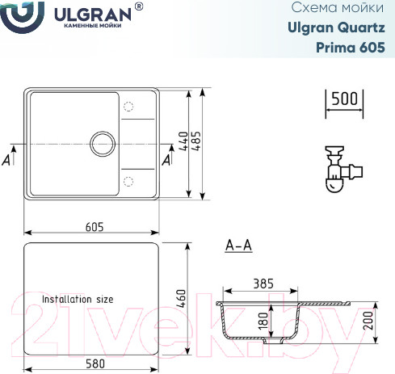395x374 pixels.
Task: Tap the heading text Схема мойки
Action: coord(348,9)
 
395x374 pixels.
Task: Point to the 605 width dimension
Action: coord(94,227)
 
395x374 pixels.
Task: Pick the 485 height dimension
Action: coord(196,142)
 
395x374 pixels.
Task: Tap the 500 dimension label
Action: coord(344,99)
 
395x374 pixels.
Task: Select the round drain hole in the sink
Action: coord(103,144)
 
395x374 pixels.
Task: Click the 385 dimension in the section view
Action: coord(263,284)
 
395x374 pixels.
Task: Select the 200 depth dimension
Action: coord(369,323)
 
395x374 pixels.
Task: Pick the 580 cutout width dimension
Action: coord(94,364)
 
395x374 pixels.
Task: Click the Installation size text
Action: coord(78,299)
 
